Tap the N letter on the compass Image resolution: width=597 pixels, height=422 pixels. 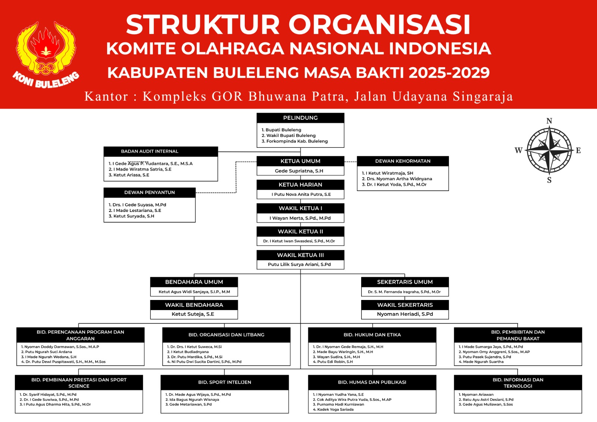[549, 121]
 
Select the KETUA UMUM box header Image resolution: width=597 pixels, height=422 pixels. [300, 161]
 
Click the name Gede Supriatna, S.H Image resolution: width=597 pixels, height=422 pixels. [299, 171]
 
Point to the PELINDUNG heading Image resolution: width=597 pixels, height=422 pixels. [300, 118]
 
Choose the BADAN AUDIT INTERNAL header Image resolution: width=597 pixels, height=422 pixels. [150, 151]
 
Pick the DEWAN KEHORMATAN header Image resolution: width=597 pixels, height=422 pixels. [403, 161]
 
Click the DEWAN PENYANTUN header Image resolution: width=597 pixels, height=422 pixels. [150, 193]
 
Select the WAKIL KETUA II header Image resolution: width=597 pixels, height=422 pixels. [300, 232]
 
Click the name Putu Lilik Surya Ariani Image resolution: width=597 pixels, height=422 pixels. [299, 265]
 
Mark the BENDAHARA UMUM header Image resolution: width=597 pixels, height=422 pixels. [194, 282]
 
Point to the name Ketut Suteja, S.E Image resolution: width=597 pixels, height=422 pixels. [193, 314]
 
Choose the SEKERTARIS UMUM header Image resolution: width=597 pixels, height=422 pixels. [405, 282]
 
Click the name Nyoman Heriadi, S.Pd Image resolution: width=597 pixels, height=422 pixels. [405, 314]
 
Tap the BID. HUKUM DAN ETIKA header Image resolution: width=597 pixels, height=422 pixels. [372, 335]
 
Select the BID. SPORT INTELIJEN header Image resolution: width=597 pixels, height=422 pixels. [225, 382]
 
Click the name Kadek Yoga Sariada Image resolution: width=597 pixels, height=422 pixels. [335, 410]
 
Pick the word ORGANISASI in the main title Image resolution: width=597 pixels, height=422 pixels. [379, 25]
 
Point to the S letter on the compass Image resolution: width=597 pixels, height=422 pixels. [549, 180]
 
